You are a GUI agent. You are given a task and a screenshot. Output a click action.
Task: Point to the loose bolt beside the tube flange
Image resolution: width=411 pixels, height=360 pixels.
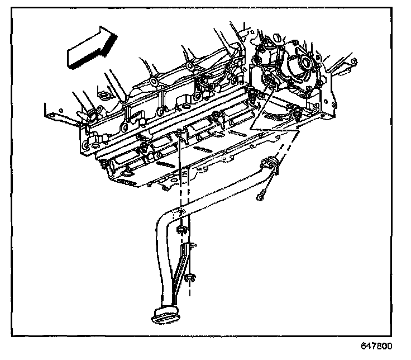pyautogui.click(x=262, y=196)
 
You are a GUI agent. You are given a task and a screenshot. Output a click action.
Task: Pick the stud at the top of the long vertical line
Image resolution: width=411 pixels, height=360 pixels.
pyautogui.click(x=179, y=132)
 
